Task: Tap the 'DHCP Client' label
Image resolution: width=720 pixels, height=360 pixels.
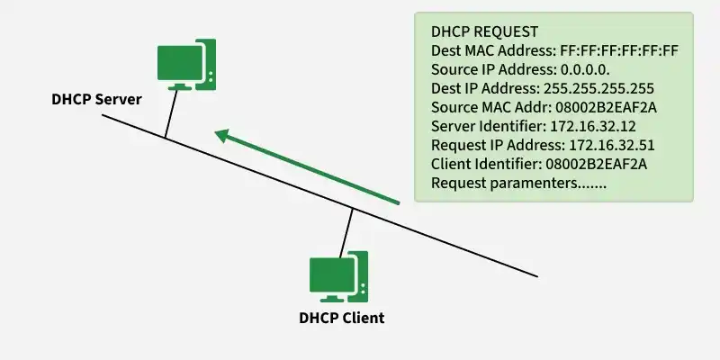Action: click(x=341, y=318)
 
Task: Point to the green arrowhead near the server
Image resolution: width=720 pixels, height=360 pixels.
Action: click(x=222, y=136)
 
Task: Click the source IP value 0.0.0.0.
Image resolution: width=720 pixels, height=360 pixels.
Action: click(x=573, y=69)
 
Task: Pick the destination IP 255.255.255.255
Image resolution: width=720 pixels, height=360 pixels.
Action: click(x=598, y=88)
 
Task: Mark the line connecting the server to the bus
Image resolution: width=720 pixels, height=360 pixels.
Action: click(x=169, y=113)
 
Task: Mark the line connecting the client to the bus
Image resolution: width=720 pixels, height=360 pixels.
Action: click(x=346, y=231)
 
